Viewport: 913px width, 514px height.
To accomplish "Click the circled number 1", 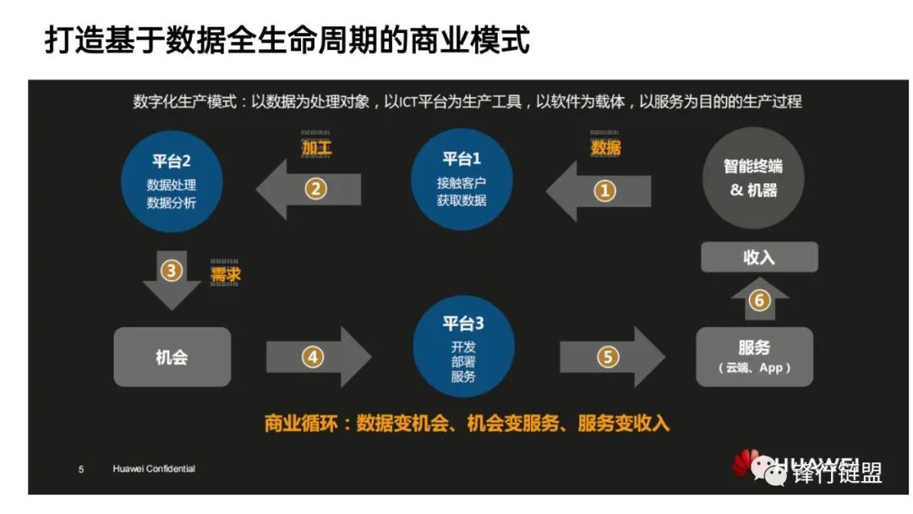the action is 604,191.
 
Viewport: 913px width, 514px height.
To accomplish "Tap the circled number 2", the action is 315,189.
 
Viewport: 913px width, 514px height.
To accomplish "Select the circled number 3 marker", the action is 172,272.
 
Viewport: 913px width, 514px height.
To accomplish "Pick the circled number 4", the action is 313,358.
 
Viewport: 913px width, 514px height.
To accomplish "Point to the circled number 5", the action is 608,357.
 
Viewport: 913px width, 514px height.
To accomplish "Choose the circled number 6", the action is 759,300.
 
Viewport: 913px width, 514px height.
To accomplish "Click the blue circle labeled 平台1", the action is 462,179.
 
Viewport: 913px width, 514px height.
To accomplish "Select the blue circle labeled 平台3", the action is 463,346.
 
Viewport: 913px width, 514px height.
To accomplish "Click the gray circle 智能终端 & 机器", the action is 753,178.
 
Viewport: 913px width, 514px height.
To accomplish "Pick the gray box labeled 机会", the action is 172,357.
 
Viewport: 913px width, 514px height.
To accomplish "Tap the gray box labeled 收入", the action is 758,257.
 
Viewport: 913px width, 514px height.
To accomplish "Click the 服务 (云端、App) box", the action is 754,357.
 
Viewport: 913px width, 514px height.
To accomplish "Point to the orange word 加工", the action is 317,149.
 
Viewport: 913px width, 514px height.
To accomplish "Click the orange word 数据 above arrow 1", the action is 605,148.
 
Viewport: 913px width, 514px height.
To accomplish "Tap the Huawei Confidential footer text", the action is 154,469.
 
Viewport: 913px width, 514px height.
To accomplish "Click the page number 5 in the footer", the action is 81,469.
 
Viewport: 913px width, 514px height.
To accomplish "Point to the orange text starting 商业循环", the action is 467,424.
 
